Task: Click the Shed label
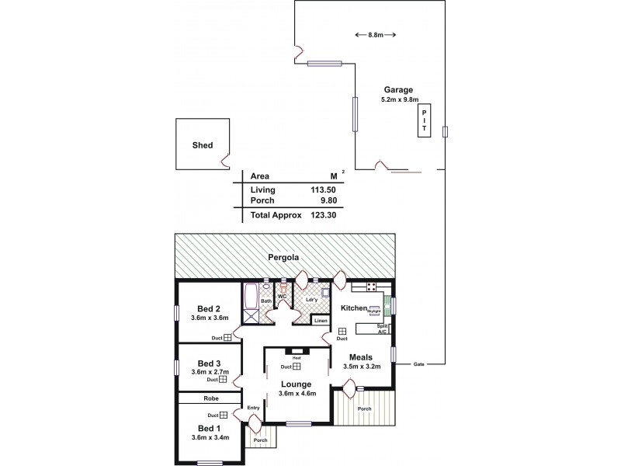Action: tap(203, 145)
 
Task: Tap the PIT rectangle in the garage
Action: tap(424, 121)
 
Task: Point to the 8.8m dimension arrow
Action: tap(375, 35)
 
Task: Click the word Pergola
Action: tap(285, 257)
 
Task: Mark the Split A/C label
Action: tap(381, 329)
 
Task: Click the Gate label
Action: tap(419, 363)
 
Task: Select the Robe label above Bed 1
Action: tap(211, 398)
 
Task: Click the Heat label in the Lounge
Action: tap(297, 358)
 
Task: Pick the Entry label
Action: tap(253, 408)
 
